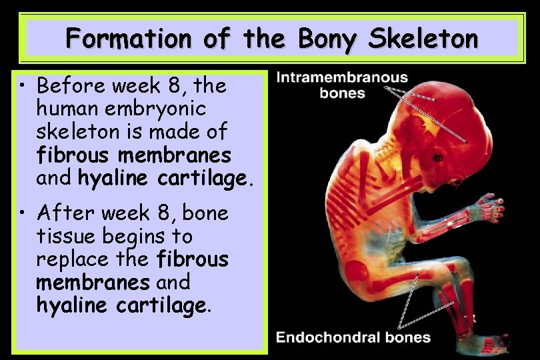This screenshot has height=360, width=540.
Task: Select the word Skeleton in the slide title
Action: click(x=423, y=39)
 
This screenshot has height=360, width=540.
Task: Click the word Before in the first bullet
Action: click(x=65, y=86)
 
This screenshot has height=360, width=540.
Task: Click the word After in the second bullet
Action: click(x=59, y=214)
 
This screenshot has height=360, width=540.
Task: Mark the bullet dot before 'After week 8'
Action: click(x=24, y=214)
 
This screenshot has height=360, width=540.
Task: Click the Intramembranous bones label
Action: click(x=342, y=85)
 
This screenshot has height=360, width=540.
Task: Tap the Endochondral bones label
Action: click(x=353, y=337)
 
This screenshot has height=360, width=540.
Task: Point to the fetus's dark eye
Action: click(x=438, y=157)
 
